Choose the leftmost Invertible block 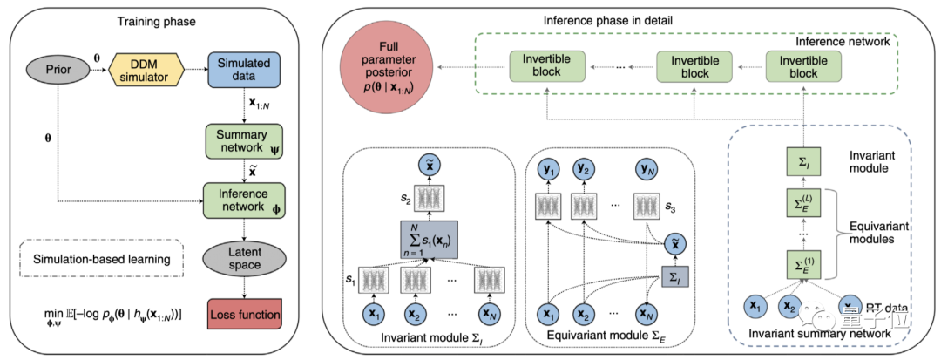pyautogui.click(x=546, y=66)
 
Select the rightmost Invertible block pyautogui.click(x=802, y=66)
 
